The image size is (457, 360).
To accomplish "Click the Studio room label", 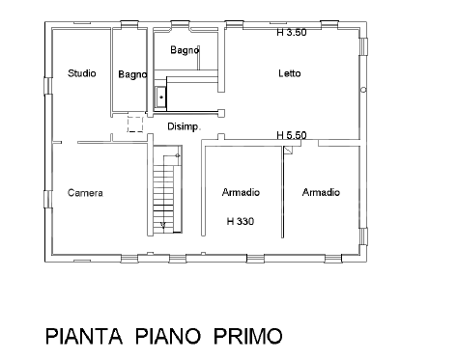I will [81, 73].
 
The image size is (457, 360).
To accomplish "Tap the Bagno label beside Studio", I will [131, 74].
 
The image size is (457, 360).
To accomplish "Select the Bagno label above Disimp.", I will [185, 49].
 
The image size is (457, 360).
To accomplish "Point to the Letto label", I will [291, 73].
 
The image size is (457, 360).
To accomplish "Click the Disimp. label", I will [184, 126].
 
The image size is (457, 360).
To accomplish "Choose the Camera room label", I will [85, 193].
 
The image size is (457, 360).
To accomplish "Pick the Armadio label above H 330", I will [240, 192].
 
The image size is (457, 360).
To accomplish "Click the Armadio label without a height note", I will [320, 193].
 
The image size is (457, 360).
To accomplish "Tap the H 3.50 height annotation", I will [291, 32].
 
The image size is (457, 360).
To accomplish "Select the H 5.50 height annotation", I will [291, 136].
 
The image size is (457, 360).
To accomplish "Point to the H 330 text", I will [240, 222].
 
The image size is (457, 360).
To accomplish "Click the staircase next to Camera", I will [164, 193].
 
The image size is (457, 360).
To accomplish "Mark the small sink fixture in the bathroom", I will [161, 97].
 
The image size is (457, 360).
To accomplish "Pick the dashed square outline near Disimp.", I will [135, 123].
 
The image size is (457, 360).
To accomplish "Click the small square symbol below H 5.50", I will [288, 151].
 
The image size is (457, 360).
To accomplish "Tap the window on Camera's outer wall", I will [44, 200].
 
